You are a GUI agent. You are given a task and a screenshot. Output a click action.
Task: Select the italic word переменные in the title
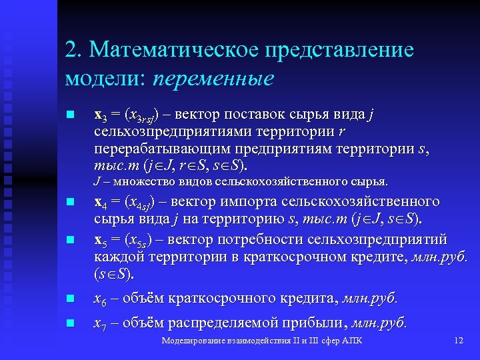tap(213, 78)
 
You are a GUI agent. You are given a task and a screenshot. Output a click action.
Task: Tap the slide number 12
tap(458, 341)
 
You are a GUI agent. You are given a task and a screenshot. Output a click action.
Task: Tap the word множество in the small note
tap(141, 182)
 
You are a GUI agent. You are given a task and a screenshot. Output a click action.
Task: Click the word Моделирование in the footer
tap(193, 341)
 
